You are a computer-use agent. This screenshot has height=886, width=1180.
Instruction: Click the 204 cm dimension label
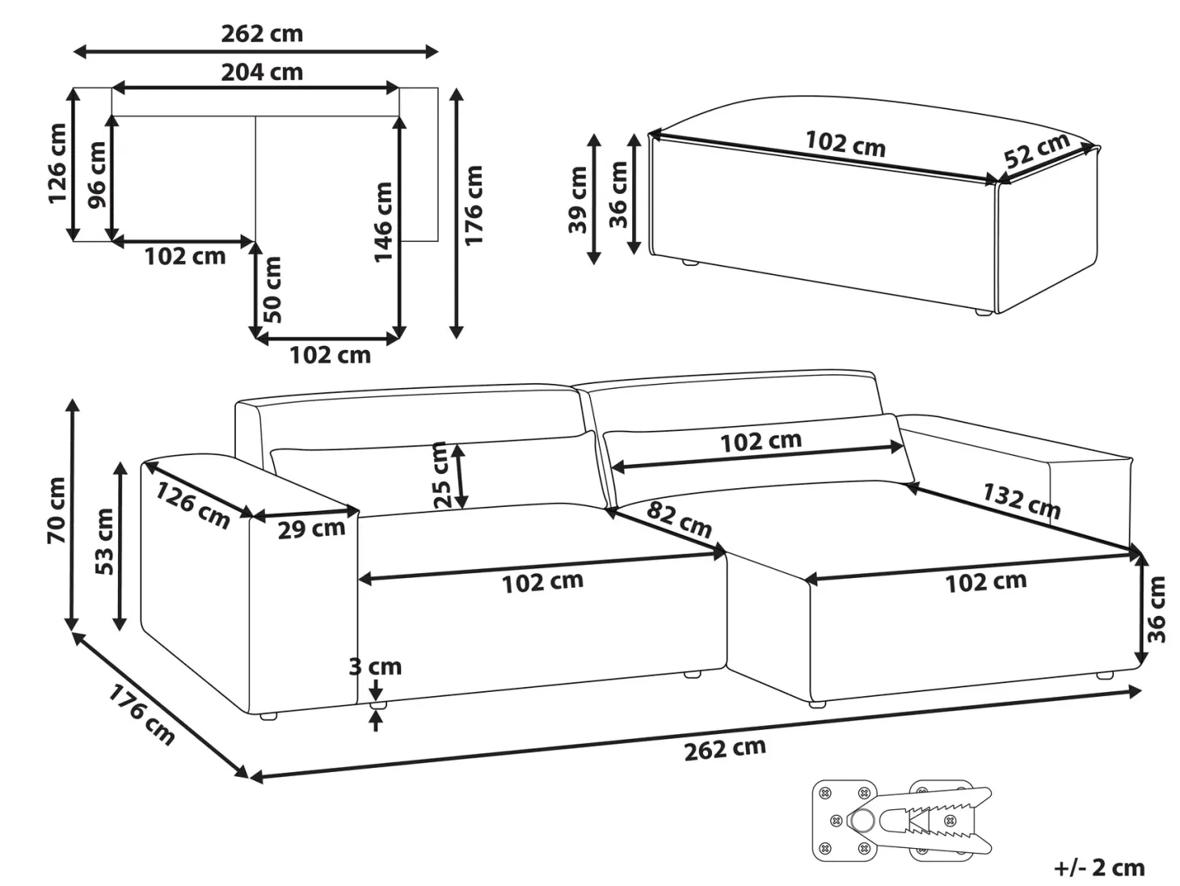point(262,72)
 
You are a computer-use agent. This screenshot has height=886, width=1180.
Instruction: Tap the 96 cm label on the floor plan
point(97,175)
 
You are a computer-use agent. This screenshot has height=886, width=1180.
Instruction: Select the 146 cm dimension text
point(383,222)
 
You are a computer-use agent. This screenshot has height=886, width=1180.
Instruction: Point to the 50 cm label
point(272,289)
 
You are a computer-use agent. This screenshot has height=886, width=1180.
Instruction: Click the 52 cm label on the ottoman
point(1037,150)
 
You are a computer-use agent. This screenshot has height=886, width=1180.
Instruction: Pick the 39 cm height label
point(578,200)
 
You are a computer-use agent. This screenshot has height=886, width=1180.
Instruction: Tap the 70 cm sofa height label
point(57,510)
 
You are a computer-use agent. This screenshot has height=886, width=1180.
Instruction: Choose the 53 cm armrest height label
point(104,542)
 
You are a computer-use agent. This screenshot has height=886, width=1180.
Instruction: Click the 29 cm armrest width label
point(311,529)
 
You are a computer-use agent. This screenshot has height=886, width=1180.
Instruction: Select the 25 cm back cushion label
point(440,475)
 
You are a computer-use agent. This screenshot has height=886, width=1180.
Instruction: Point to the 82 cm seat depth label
point(679,519)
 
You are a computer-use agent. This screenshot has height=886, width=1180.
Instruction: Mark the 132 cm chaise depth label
point(1022,500)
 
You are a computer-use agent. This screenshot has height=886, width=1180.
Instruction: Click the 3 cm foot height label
point(375,667)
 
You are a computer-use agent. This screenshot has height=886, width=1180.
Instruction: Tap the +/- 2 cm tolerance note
point(1100,867)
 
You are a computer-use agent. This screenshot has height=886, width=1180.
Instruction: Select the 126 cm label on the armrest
point(192,504)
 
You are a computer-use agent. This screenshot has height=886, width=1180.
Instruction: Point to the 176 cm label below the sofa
point(141,715)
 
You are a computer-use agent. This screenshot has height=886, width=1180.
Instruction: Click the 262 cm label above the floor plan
point(262,34)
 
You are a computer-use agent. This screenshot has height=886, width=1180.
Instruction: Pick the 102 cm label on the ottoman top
point(845,144)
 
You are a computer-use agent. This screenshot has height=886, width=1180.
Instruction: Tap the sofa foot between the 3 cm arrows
point(377,704)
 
